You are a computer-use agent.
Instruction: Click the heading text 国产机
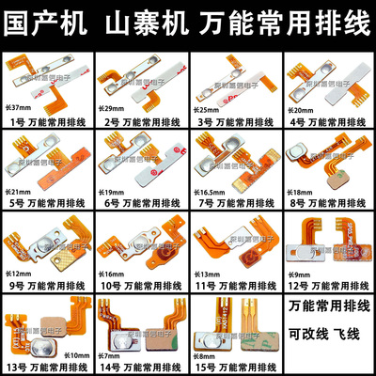[47, 19]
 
